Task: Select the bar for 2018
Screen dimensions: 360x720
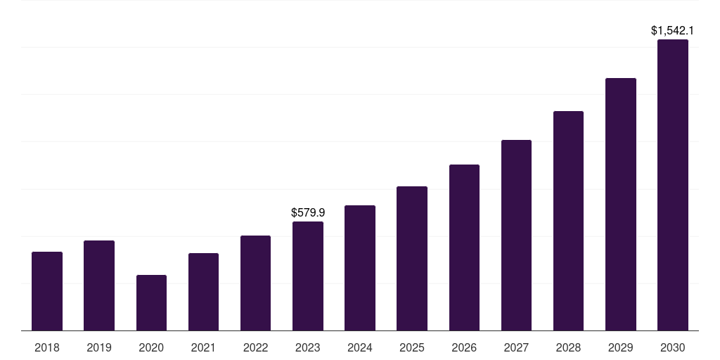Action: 47,291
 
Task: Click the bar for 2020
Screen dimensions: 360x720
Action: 151,302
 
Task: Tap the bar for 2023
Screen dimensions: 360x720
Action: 308,276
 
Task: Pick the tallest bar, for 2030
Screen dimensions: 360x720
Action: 673,185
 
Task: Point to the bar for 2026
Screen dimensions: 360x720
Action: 464,247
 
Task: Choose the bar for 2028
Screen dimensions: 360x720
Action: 568,221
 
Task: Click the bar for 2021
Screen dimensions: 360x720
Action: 203,292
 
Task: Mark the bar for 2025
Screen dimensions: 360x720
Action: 412,258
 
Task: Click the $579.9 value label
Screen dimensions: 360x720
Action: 308,212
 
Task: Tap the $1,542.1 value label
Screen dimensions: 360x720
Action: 673,30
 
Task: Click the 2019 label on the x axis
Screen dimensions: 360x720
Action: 99,347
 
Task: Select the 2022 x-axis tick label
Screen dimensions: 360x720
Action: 255,347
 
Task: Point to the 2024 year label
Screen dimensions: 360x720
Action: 360,347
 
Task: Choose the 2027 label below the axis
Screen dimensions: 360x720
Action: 516,347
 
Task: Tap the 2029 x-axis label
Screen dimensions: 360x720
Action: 621,347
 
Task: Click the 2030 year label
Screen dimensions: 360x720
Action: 673,347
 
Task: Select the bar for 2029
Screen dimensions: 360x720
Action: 621,204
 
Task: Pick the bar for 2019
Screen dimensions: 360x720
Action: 99,285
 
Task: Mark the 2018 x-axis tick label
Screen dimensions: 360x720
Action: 47,347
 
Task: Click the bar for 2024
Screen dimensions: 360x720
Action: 360,268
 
